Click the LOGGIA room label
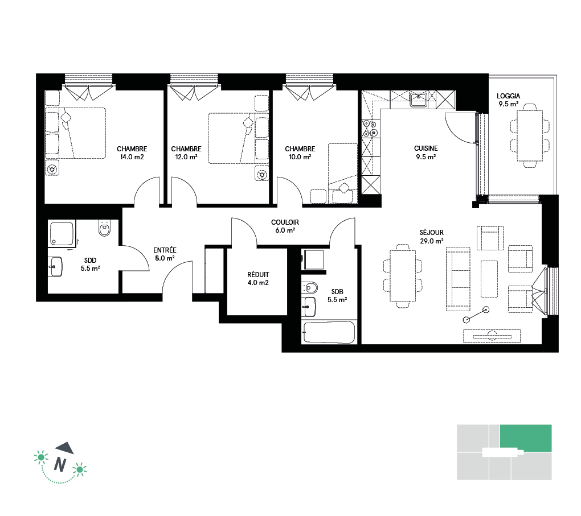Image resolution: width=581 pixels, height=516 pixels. [508, 96]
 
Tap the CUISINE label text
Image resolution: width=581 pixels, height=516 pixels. [425, 148]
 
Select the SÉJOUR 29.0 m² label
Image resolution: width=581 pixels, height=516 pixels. [431, 237]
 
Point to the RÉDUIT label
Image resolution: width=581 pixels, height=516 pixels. [258, 274]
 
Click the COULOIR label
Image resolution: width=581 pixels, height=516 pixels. [285, 222]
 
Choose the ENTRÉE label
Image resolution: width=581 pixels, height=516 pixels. [165, 250]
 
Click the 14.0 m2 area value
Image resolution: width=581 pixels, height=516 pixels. [132, 157]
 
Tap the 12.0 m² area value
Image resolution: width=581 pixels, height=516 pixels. [186, 157]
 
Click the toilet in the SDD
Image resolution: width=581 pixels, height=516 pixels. [104, 228]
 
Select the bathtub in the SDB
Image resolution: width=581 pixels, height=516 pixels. [329, 332]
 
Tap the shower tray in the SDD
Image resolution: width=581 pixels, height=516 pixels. [62, 234]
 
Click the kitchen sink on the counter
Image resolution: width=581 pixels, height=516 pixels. [419, 99]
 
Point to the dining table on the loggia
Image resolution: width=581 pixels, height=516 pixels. [530, 136]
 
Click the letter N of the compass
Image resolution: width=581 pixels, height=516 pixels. [60, 464]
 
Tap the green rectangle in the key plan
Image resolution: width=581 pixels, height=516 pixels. [526, 438]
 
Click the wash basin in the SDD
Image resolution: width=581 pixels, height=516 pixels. [55, 266]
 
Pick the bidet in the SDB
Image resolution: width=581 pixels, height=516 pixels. [310, 287]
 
